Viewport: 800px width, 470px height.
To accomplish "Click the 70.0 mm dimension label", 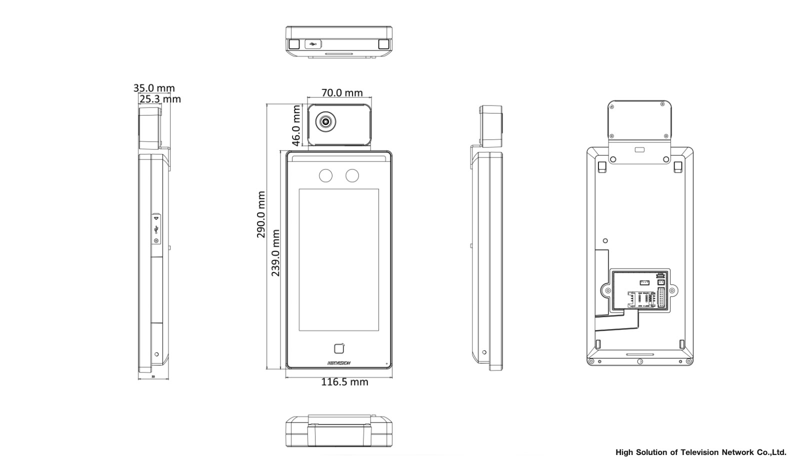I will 342,93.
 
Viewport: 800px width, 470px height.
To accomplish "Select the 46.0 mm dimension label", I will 296,125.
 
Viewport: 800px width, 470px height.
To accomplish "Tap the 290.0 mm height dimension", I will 261,214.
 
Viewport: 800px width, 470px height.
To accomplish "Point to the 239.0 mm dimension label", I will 275,253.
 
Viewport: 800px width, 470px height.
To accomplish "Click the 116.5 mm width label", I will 344,382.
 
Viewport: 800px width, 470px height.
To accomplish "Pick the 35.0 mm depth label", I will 154,88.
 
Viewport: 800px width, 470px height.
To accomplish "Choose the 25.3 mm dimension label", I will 160,99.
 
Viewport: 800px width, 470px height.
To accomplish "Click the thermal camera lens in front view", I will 325,121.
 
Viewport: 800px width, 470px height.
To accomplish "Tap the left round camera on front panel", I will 326,175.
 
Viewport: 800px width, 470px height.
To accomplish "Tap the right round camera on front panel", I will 352,175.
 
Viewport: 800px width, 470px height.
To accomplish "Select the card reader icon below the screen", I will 339,349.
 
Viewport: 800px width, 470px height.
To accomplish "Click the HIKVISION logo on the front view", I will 339,363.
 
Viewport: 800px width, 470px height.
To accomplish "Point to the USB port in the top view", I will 313,44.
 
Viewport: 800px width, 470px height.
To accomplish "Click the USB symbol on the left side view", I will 156,229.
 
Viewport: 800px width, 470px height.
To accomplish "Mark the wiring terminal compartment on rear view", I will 640,291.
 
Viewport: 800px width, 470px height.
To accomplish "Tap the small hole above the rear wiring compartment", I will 605,241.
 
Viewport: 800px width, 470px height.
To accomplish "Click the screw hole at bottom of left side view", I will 156,354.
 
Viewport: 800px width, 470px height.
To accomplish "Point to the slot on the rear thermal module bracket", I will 639,149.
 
